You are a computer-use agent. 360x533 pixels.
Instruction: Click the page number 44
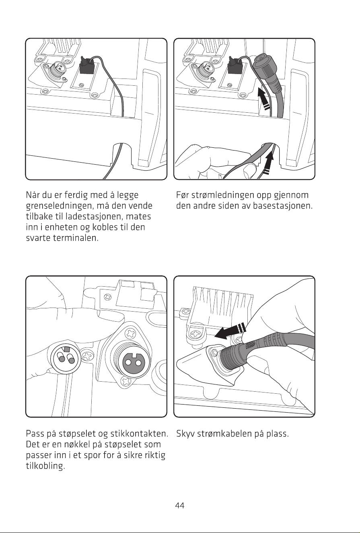pos(179,505)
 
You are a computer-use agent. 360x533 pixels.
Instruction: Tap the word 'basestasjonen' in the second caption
pos(282,206)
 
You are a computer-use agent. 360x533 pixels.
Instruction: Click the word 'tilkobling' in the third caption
pos(44,466)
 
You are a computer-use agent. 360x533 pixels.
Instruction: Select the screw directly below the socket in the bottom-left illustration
pos(126,382)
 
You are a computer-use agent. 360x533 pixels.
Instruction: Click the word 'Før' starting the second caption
pos(182,195)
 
